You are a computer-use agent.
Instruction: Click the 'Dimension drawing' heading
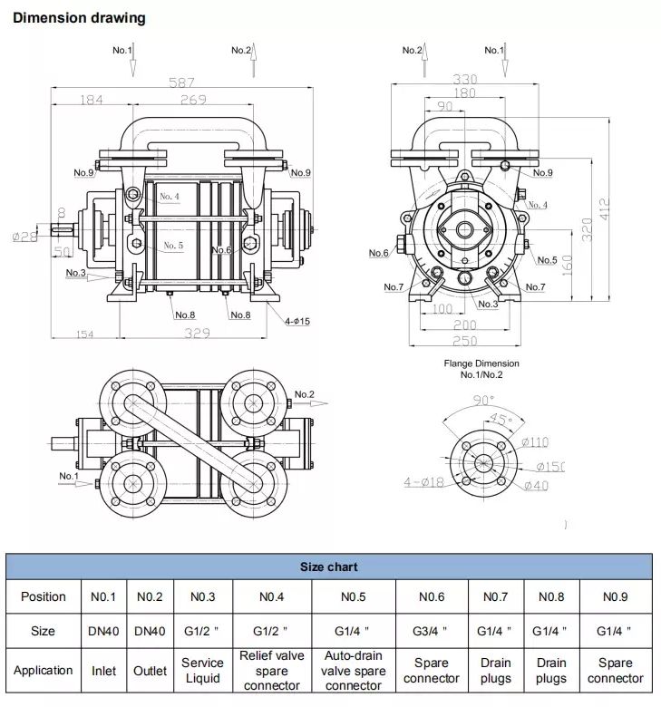[x=79, y=18]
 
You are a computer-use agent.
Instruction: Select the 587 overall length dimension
[x=182, y=82]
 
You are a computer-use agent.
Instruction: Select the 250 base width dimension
[x=464, y=340]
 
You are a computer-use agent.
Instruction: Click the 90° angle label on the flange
[x=483, y=401]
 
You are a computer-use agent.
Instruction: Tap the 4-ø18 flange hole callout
[x=423, y=482]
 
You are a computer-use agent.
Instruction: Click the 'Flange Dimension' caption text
[x=481, y=363]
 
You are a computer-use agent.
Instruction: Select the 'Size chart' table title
[x=329, y=567]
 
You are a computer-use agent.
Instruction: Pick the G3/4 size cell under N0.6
[x=432, y=631]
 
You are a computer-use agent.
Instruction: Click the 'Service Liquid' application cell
[x=202, y=671]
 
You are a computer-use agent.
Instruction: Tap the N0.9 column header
[x=615, y=596]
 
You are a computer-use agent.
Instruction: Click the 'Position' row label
[x=43, y=596]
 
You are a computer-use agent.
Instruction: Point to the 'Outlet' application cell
[x=150, y=671]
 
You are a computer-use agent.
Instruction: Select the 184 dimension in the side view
[x=92, y=101]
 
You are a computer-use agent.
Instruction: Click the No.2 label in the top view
[x=305, y=394]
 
